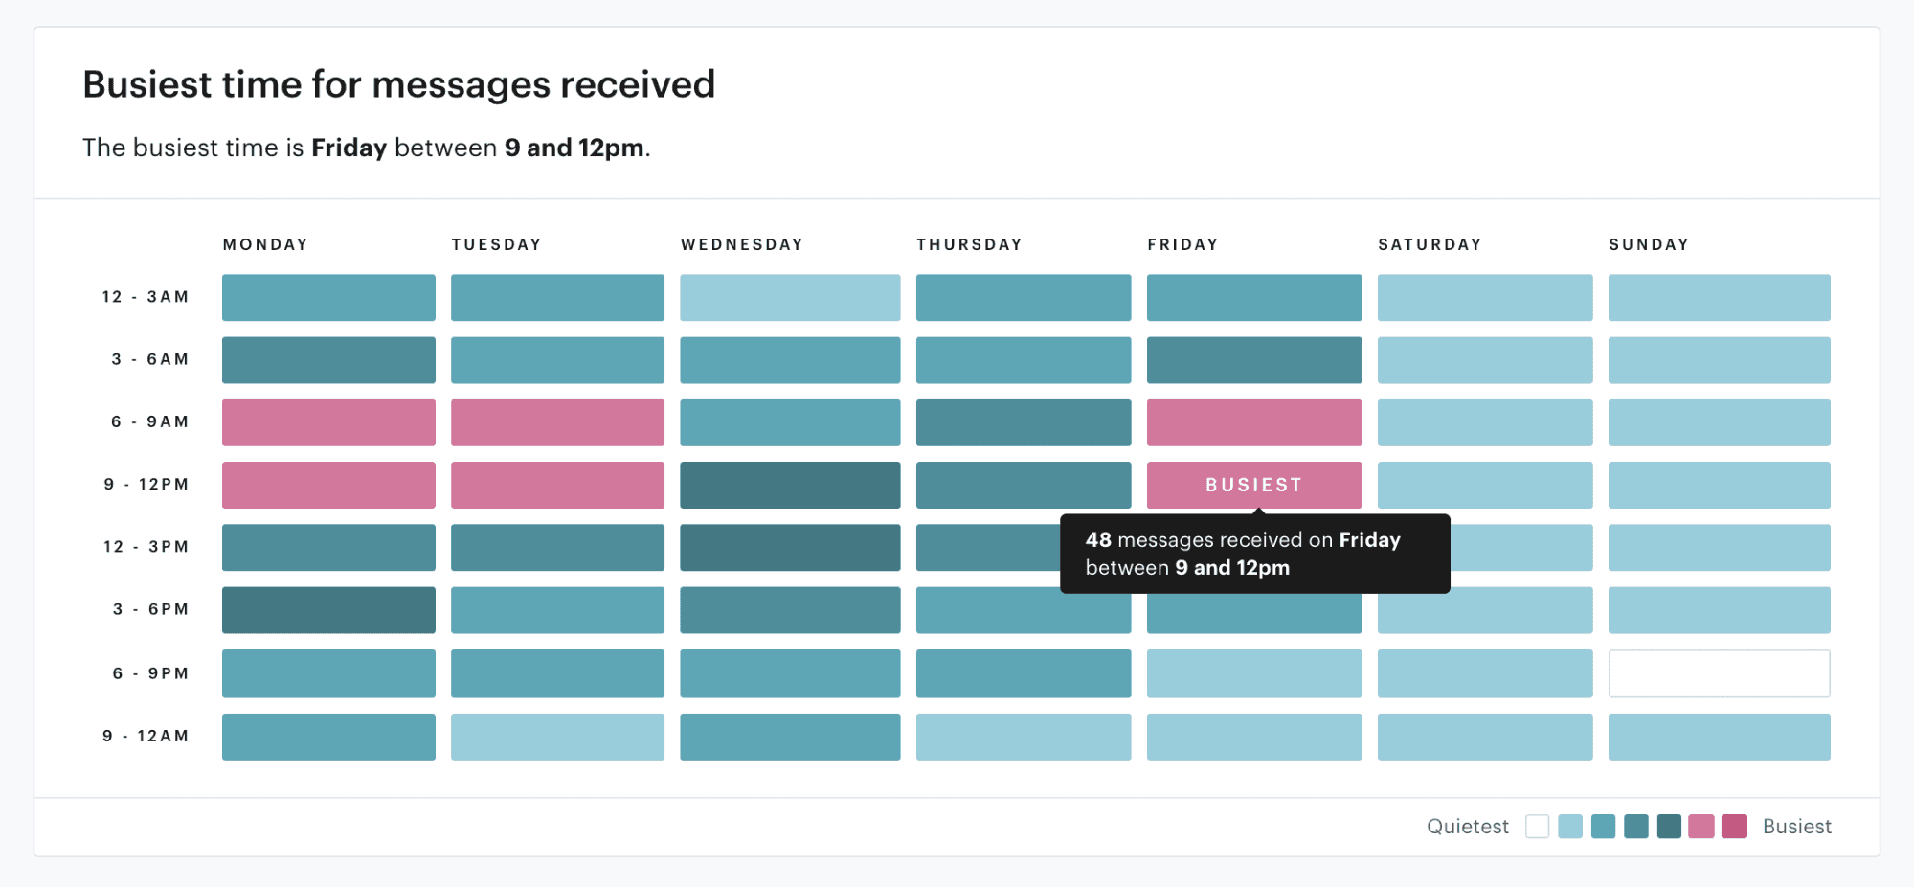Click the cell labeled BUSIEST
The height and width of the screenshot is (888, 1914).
pyautogui.click(x=1253, y=485)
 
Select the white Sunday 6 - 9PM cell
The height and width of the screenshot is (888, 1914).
pyautogui.click(x=1719, y=673)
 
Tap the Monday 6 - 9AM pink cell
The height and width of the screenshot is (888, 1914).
pyautogui.click(x=328, y=422)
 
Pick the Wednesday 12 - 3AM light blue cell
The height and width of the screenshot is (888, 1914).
pyautogui.click(x=790, y=297)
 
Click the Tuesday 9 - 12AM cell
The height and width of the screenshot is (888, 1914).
pyautogui.click(x=557, y=737)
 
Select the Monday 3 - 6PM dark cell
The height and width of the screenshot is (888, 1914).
pyautogui.click(x=328, y=610)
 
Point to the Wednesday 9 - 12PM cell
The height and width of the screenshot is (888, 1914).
pyautogui.click(x=790, y=485)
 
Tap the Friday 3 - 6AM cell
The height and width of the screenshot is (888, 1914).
pyautogui.click(x=1253, y=360)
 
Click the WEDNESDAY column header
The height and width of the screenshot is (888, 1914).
pyautogui.click(x=742, y=244)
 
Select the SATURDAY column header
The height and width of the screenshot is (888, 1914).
pyautogui.click(x=1430, y=244)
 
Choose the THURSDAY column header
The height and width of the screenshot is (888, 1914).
pyautogui.click(x=969, y=244)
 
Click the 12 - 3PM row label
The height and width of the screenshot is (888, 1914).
pyautogui.click(x=146, y=547)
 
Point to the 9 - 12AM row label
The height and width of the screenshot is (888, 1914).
pyautogui.click(x=146, y=736)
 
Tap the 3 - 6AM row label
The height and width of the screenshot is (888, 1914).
pyautogui.click(x=150, y=359)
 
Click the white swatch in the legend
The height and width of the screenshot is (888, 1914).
pyautogui.click(x=1537, y=826)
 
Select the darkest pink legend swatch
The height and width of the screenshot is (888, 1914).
pyautogui.click(x=1734, y=826)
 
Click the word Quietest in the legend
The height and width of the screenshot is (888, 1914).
pyautogui.click(x=1467, y=826)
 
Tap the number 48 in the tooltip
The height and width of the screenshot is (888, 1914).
pyautogui.click(x=1098, y=540)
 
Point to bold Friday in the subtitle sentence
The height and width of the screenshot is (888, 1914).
pyautogui.click(x=349, y=148)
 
